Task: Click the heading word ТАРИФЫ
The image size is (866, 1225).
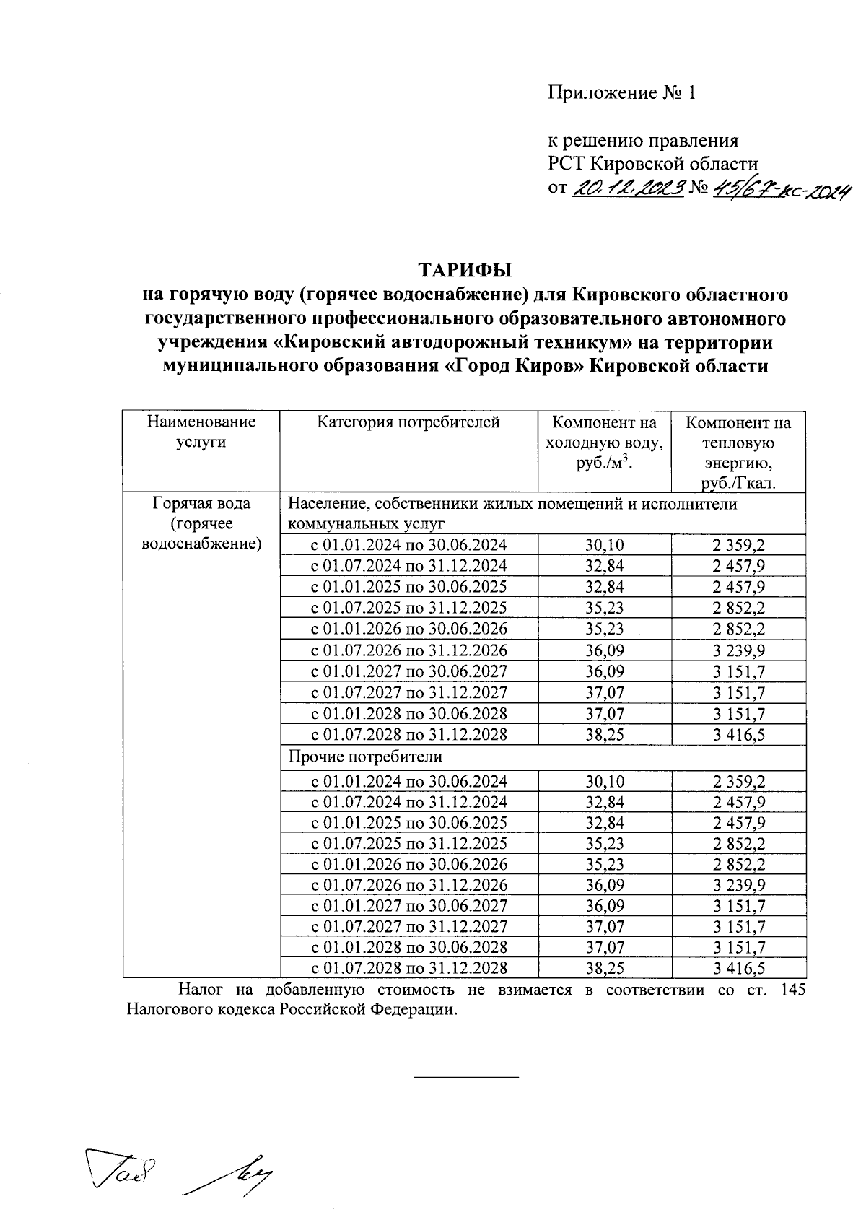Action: [x=465, y=270]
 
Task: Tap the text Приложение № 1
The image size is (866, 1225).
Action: [x=621, y=93]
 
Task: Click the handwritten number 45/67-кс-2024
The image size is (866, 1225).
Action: [x=779, y=189]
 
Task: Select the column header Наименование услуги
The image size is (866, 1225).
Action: [x=201, y=432]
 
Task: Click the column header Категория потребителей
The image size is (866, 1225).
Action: [x=408, y=422]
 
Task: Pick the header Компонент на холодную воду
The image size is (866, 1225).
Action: [x=604, y=443]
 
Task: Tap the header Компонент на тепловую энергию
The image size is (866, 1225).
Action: [x=738, y=452]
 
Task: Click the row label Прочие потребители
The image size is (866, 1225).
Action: [x=365, y=757]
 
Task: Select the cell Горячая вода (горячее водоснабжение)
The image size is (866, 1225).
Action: [x=201, y=523]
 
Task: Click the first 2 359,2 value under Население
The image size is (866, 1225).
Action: [x=738, y=545]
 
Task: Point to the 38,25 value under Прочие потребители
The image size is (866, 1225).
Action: [x=604, y=968]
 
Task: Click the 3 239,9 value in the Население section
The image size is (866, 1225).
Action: [x=738, y=650]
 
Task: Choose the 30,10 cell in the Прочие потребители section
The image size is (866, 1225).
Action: [x=604, y=781]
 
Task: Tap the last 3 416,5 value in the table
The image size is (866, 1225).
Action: [x=738, y=968]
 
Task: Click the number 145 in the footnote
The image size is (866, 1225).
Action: [x=794, y=990]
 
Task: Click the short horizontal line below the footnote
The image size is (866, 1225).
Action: [x=465, y=1077]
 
